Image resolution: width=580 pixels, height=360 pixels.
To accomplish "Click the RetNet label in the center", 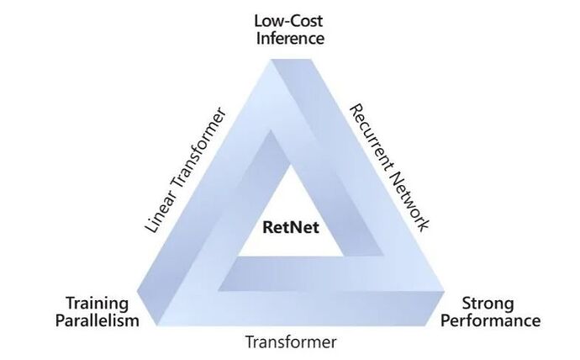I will (289, 225).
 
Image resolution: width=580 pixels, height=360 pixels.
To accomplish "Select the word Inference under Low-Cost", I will (290, 37).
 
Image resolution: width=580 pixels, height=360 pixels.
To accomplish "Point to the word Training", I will (98, 303).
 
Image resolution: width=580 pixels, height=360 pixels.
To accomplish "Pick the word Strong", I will (488, 304).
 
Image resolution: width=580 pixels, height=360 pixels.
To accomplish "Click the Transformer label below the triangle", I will (290, 342).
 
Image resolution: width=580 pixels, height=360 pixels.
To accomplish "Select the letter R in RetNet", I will (268, 225).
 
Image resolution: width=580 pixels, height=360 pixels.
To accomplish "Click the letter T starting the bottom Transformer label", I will (249, 342).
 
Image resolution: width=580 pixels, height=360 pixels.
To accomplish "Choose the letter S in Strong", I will (467, 304).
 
